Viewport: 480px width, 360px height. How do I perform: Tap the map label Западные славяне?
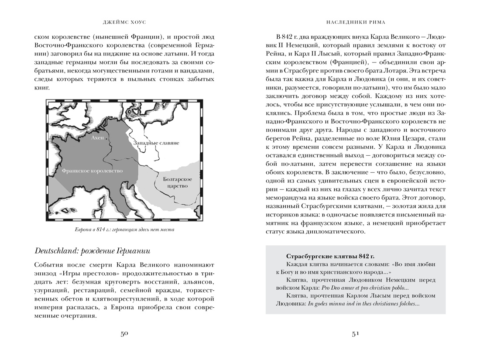point(156,143)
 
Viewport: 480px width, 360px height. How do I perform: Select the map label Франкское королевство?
point(93,171)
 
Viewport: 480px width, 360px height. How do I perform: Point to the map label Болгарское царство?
point(175,182)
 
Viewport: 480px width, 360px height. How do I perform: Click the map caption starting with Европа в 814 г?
point(124,230)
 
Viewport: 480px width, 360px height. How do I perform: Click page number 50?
point(124,333)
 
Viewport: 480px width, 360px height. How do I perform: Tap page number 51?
point(355,333)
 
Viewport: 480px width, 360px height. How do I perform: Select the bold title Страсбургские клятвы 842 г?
point(330,255)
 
